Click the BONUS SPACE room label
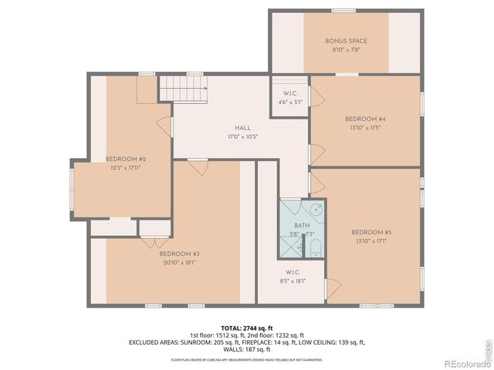click(346, 41)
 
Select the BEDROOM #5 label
click(371, 232)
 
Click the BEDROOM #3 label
click(180, 254)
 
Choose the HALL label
click(242, 128)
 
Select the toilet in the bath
click(315, 246)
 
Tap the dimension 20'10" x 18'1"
click(180, 262)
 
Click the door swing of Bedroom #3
click(198, 166)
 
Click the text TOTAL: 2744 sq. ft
click(247, 328)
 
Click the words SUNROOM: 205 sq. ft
click(206, 341)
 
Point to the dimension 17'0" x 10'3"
click(242, 136)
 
